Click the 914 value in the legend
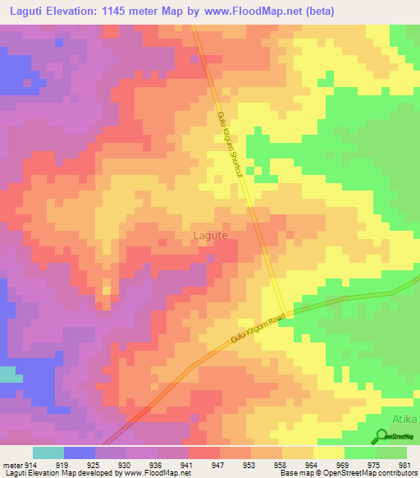pos(31,466)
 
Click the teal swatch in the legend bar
pos(48,453)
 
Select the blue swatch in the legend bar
pos(80,453)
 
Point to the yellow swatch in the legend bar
pos(328,453)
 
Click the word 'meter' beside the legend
pos(11,466)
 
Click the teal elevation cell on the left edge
pos(10,375)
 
